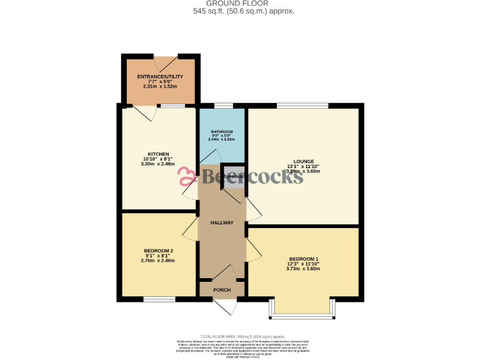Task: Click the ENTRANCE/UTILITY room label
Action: coord(160,76)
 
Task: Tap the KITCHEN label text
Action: coord(157,154)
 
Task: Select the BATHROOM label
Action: coord(221,132)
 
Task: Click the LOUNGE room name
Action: coord(303,161)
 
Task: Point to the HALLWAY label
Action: coord(221,222)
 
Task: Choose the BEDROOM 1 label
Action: coord(303,259)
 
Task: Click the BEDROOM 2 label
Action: coord(158,251)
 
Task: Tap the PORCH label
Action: coord(221,290)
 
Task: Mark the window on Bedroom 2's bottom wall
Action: coord(159,299)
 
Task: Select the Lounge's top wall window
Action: coord(302,105)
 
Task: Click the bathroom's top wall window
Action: coord(223,105)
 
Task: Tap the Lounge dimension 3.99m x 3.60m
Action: coord(303,171)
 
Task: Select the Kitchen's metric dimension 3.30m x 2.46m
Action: coord(157,164)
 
